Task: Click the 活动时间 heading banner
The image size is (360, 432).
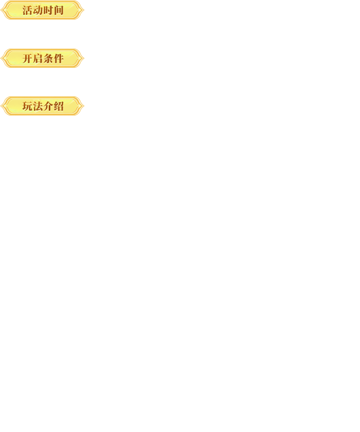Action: click(43, 10)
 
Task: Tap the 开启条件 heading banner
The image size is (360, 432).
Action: click(43, 58)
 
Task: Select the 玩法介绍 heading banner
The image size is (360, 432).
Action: click(43, 106)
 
